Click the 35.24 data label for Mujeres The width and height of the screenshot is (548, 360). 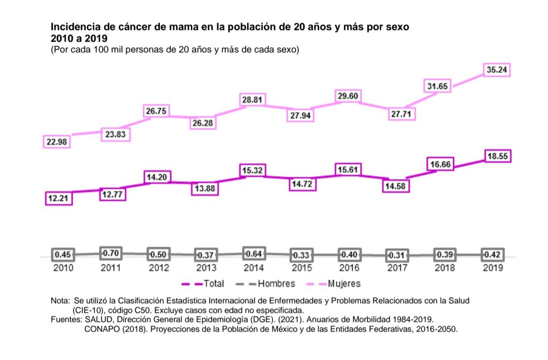point(497,70)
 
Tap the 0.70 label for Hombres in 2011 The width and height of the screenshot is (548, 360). point(111,253)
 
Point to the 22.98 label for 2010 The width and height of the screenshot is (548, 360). point(56,142)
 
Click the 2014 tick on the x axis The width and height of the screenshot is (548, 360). point(253,268)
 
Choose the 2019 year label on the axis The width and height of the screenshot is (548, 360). point(492,268)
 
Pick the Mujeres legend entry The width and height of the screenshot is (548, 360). point(344,284)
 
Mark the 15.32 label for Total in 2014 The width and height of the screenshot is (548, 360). point(252,171)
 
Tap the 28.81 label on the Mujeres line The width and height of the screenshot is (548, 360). point(252,100)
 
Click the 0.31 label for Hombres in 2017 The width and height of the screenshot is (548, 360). point(395,255)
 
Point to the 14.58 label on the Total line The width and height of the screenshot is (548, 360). point(396,186)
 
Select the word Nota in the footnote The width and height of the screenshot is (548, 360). point(60,301)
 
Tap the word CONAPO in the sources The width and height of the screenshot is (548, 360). point(100,329)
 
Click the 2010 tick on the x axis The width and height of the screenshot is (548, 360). point(63,268)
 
